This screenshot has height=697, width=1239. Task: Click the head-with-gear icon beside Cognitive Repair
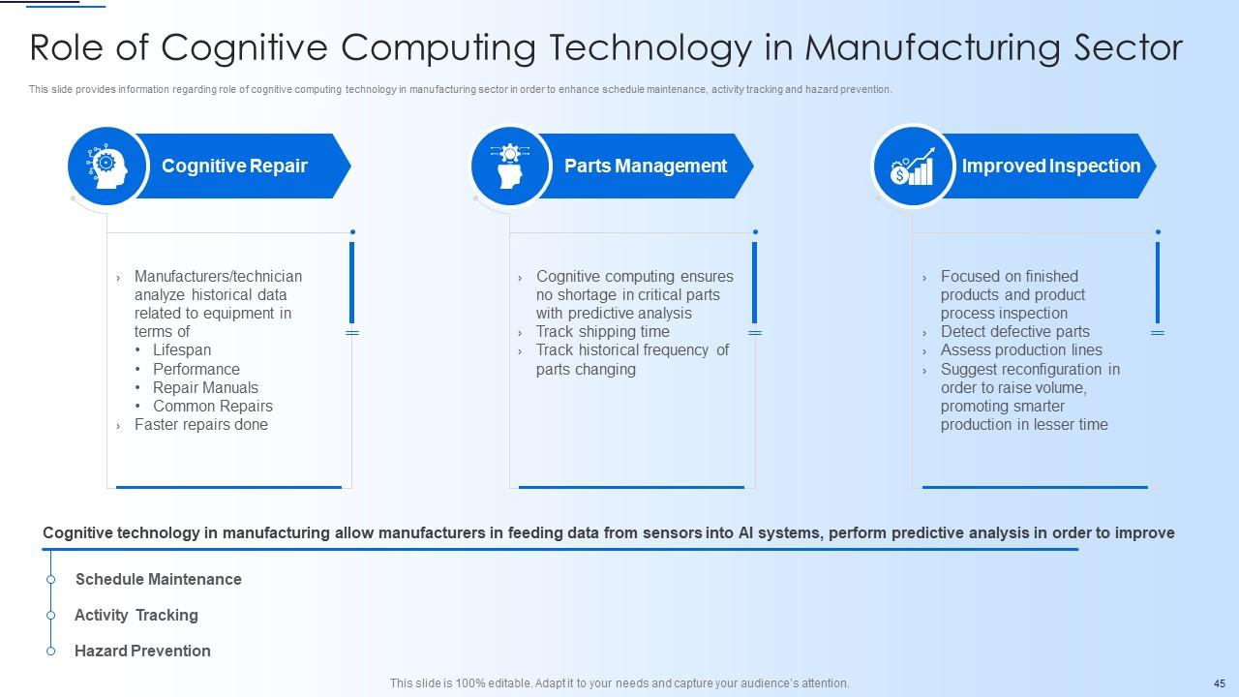107,167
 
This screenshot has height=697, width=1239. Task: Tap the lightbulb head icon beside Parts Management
510,167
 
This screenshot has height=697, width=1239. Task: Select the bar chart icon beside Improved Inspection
913,167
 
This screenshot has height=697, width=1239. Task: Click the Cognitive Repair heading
234,167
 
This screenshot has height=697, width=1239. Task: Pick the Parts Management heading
646,167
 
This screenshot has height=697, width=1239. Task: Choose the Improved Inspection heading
1051,167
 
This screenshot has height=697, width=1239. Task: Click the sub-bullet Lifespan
182,350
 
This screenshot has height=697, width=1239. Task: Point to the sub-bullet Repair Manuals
205,387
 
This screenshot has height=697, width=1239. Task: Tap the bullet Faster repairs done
201,425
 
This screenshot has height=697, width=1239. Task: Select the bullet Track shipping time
602,332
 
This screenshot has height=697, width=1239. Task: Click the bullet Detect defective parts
1015,332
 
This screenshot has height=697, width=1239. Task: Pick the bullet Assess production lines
1021,350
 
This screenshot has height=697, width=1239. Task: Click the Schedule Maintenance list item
159,580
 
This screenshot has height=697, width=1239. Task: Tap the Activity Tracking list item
136,616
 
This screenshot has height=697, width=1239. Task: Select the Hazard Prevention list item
142,652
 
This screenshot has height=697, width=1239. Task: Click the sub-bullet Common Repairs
213,407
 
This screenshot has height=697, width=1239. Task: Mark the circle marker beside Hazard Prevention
50,652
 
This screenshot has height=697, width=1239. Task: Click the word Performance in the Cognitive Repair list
196,369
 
